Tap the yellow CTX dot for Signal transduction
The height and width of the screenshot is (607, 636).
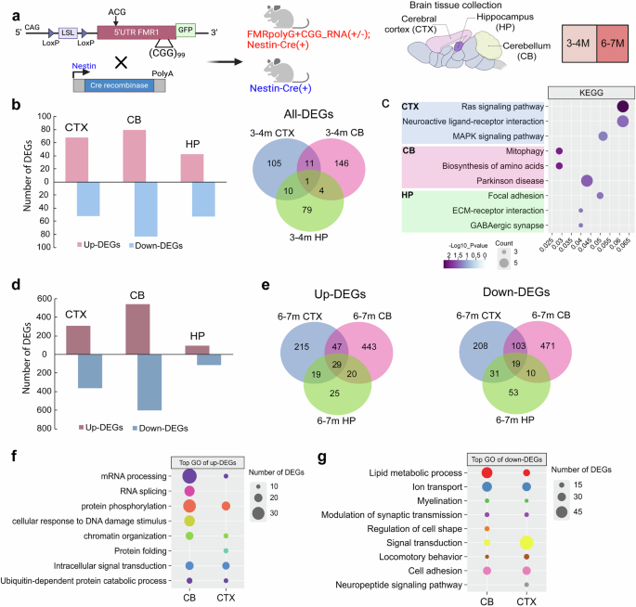[x=526, y=541]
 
